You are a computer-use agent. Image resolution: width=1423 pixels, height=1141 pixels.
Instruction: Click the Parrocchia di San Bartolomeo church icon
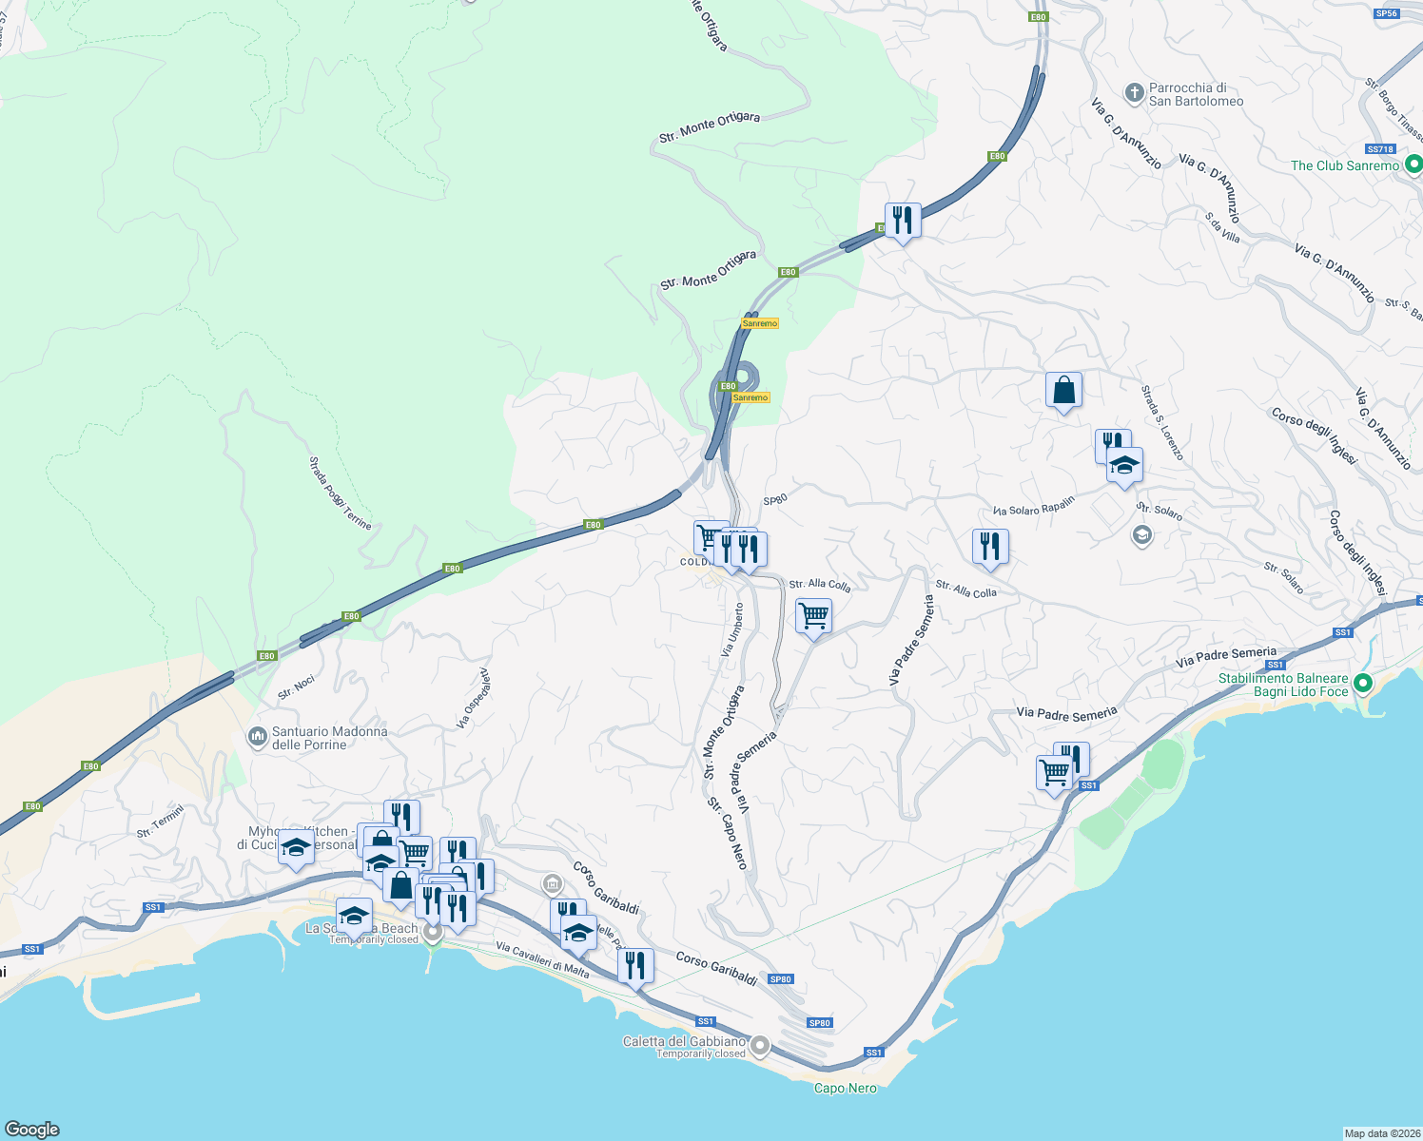(x=1133, y=93)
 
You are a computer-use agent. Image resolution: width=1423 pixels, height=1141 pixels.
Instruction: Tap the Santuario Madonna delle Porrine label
(x=329, y=738)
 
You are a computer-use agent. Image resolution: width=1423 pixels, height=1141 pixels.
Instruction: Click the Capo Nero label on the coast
(x=845, y=1088)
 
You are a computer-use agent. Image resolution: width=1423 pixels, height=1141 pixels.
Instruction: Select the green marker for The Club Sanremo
(x=1413, y=165)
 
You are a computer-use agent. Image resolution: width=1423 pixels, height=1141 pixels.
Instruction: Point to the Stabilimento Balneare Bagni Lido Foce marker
(x=1362, y=684)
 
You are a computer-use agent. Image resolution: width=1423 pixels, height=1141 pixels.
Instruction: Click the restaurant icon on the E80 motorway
(x=902, y=221)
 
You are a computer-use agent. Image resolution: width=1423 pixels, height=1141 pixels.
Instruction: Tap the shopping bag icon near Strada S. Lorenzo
(x=1063, y=390)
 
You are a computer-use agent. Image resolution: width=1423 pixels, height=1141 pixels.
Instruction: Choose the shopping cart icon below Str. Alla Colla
(x=813, y=616)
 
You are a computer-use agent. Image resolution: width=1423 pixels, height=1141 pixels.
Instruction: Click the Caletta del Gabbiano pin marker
(x=759, y=1047)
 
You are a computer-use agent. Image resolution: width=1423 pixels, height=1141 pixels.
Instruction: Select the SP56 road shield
(x=1387, y=13)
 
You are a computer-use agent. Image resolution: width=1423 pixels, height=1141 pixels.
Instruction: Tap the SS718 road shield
(x=1379, y=149)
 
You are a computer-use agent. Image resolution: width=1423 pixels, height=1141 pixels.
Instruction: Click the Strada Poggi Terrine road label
(x=340, y=493)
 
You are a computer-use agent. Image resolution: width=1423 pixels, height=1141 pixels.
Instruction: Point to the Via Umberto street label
(x=732, y=629)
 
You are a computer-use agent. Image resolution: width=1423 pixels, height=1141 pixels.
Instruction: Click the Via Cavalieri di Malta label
(x=542, y=959)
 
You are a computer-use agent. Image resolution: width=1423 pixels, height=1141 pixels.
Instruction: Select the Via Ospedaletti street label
(x=473, y=699)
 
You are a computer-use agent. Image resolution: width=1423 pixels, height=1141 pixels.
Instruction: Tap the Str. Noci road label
(x=296, y=687)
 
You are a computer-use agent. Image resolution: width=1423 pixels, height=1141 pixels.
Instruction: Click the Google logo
(x=31, y=1129)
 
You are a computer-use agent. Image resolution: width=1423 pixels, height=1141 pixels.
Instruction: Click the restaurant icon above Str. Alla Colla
(x=990, y=547)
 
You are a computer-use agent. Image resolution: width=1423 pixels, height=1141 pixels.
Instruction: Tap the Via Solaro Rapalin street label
(x=1033, y=506)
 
